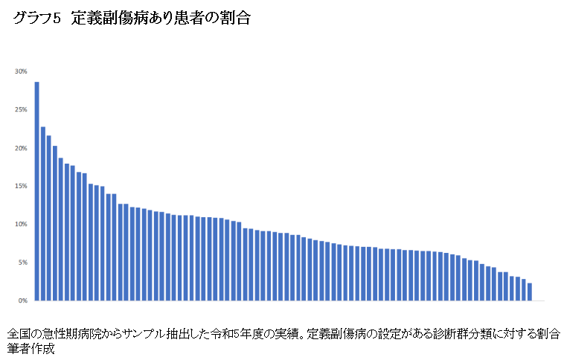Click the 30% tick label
pyautogui.click(x=21, y=71)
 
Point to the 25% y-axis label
pyautogui.click(x=21, y=109)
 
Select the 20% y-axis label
pyautogui.click(x=21, y=148)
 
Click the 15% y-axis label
pyautogui.click(x=21, y=186)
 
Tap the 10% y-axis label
pyautogui.click(x=21, y=224)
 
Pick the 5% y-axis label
pyautogui.click(x=22, y=263)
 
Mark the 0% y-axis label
pyautogui.click(x=22, y=300)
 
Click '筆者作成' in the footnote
pyautogui.click(x=31, y=348)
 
